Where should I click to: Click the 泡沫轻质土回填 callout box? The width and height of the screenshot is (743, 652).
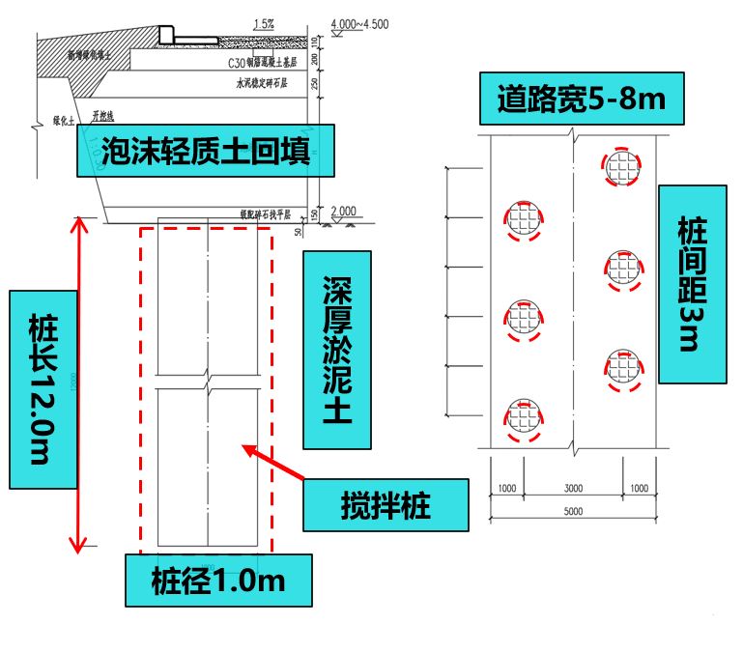coord(206,151)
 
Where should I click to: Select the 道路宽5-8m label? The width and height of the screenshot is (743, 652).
coord(577,99)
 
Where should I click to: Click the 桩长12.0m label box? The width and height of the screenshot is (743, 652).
coord(43,387)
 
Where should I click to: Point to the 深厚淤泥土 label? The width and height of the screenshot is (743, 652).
coord(336,351)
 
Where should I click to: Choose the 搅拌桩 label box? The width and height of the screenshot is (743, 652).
coord(385,504)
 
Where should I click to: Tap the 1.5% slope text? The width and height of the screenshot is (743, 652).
coord(262,24)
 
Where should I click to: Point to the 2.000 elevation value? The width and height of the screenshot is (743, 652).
coord(343,211)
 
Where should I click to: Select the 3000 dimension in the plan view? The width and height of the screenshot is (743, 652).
coord(574,489)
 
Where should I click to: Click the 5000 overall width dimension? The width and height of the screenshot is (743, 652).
coord(574,512)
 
